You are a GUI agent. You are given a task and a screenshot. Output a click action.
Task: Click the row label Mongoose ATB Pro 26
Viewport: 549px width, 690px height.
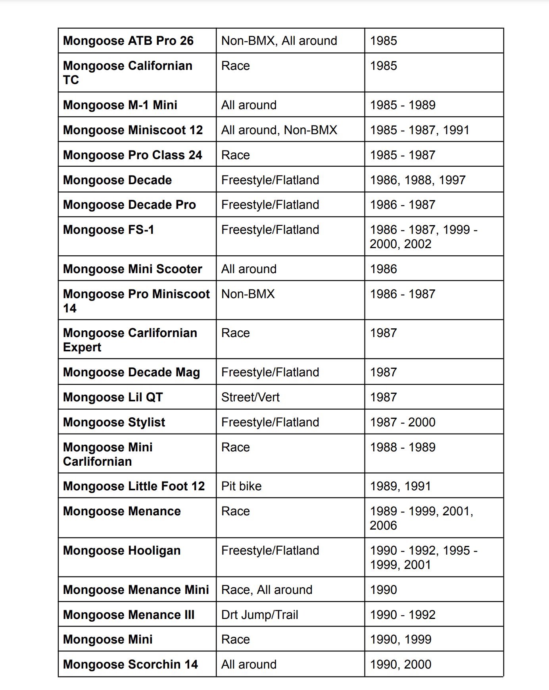[128, 41]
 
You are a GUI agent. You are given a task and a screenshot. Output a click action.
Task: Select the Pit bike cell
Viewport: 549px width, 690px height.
[241, 486]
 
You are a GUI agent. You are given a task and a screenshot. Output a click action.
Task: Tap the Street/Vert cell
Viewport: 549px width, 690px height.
[250, 397]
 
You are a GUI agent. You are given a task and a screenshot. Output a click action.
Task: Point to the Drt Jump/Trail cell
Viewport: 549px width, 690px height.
[259, 615]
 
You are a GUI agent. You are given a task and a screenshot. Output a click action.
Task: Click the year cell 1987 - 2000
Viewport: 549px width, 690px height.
[402, 422]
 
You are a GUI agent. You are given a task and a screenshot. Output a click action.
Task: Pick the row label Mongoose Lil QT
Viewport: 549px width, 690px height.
[113, 397]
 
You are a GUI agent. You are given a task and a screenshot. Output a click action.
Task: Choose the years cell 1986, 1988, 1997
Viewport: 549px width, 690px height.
[417, 180]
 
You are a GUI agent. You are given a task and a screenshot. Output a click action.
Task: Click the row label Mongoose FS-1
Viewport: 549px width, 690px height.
[108, 230]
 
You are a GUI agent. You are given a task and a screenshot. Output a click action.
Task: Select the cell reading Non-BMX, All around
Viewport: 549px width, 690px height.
[279, 41]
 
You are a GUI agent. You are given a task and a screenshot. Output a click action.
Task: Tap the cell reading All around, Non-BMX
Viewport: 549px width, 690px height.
[279, 130]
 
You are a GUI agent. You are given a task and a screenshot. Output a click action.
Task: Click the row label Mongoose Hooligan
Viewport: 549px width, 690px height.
[121, 551]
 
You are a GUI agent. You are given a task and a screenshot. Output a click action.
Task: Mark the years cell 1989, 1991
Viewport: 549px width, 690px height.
[400, 486]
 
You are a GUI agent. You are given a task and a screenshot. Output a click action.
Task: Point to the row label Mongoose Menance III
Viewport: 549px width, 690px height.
[129, 615]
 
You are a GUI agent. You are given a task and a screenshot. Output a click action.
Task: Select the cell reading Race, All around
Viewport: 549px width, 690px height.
[267, 590]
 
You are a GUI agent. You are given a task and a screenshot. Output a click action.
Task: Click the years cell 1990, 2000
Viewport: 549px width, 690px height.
[400, 665]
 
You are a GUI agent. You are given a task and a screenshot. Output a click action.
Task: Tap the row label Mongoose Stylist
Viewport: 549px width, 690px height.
[114, 422]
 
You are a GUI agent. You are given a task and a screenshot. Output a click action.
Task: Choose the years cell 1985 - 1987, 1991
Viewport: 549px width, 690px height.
[419, 130]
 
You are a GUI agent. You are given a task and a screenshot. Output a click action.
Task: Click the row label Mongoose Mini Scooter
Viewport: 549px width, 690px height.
[132, 269]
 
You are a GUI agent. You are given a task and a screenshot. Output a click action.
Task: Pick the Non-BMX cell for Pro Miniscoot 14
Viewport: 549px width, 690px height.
[248, 294]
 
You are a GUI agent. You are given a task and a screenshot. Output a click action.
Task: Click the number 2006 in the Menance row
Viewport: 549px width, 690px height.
[383, 526]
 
